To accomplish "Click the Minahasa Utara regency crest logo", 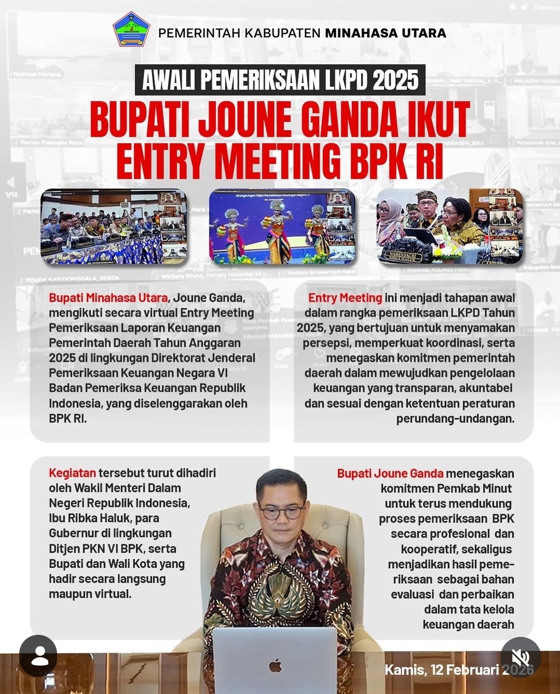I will coord(131,30).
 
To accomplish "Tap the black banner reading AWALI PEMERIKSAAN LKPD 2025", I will coord(280,80).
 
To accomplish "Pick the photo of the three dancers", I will coord(282,226).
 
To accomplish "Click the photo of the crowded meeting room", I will coord(114,226).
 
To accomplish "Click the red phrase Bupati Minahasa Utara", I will coord(108,298).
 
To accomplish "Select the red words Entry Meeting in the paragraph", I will coord(345,298).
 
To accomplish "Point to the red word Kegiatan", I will coord(72,473).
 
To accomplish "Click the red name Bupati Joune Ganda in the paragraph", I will coord(390,473).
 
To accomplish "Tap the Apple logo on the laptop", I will coord(276,665).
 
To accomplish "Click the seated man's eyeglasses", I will coord(281,512).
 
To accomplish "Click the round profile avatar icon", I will coord(39,657).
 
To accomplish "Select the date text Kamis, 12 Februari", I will coord(441,670).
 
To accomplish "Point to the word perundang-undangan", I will coord(455,418).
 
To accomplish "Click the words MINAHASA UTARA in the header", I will coord(385,33).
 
